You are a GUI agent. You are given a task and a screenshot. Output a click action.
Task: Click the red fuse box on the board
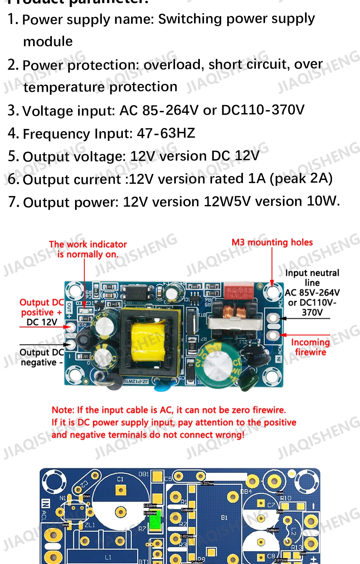[238, 291]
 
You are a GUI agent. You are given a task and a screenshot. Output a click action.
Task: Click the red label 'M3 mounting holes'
[272, 242]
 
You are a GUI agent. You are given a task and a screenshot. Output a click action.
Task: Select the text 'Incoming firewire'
[310, 347]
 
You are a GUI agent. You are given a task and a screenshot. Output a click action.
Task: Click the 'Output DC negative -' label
[42, 357]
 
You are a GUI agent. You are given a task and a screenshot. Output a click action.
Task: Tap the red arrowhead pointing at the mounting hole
[272, 283]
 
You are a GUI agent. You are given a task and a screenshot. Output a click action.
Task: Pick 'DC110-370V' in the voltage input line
[263, 110]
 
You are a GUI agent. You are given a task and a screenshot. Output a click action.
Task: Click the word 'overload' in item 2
[172, 65]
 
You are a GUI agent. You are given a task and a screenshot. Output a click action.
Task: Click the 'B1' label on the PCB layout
[224, 518]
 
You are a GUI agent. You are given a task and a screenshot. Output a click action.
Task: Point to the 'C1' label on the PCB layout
[120, 479]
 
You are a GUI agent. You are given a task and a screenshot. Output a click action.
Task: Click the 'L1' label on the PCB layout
[108, 558]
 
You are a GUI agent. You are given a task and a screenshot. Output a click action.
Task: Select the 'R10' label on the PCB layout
[286, 498]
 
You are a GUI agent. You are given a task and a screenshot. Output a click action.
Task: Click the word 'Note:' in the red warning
[63, 410]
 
